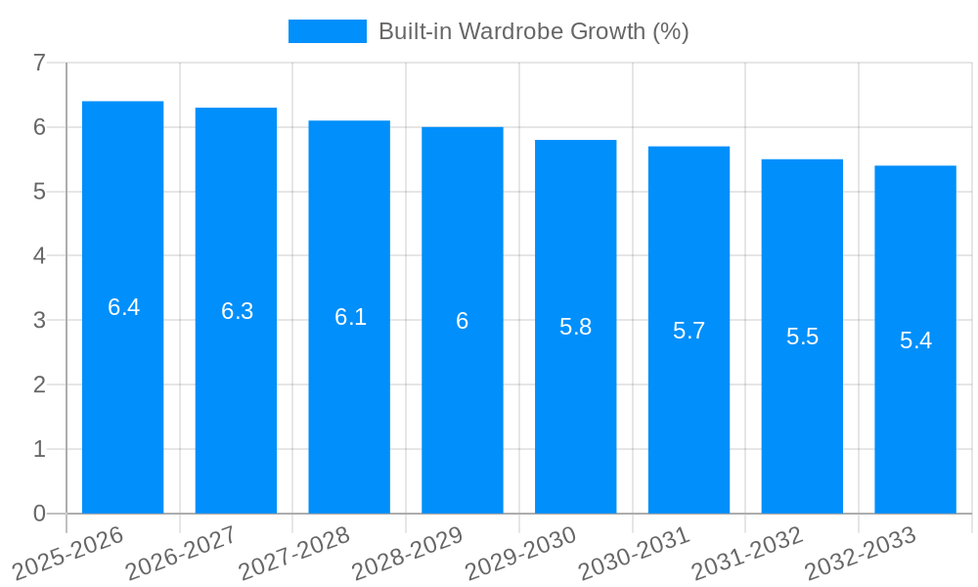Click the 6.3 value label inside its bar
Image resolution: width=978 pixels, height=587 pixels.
coord(237,311)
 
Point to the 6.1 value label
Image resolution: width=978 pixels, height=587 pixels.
coord(350,317)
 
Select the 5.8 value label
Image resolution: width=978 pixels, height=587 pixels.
coord(575,327)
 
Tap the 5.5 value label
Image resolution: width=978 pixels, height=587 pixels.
coord(802,337)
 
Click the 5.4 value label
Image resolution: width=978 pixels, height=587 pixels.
coord(915,340)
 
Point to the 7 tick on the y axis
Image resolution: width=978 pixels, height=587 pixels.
coord(39,63)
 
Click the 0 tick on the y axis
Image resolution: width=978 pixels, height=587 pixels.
coord(39,514)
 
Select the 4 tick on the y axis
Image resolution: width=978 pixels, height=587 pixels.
coord(39,256)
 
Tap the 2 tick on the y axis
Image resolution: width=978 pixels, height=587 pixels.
coord(39,384)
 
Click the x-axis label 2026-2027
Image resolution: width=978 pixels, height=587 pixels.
coord(182,553)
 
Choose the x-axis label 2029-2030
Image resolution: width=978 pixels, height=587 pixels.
coord(521,553)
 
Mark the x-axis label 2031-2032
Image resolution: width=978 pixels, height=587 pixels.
coord(748,553)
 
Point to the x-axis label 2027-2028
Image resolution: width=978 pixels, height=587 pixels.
coord(295,553)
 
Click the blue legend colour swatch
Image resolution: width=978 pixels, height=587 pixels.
coord(327,31)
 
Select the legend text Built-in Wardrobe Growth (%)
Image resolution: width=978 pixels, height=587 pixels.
coord(533,31)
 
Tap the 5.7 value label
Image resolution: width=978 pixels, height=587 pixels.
coord(689,331)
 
